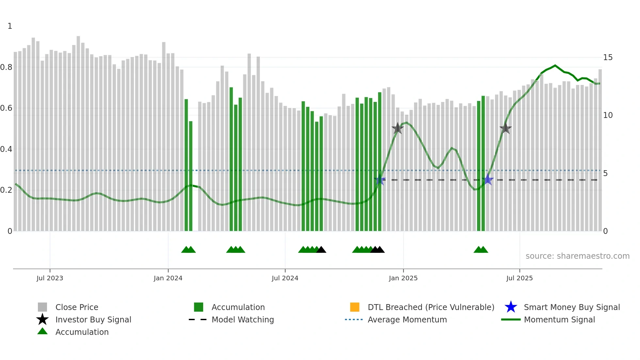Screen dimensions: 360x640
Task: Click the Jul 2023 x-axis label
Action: pyautogui.click(x=50, y=278)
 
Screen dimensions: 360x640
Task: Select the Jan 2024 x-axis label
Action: pyautogui.click(x=168, y=278)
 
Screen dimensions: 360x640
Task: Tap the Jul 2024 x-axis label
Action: pyautogui.click(x=285, y=278)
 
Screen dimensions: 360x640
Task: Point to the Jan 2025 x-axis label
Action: pyautogui.click(x=403, y=278)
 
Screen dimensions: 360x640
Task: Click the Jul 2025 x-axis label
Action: pyautogui.click(x=519, y=278)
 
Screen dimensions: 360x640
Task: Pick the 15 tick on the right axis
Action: pyautogui.click(x=608, y=57)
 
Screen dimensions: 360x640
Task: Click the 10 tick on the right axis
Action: pyautogui.click(x=608, y=115)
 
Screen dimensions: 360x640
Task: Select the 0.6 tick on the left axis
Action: pyautogui.click(x=6, y=108)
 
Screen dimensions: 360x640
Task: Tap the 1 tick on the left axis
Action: pyautogui.click(x=10, y=26)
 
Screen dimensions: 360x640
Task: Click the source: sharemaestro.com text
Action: pyautogui.click(x=577, y=256)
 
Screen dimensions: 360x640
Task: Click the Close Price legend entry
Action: pyautogui.click(x=77, y=307)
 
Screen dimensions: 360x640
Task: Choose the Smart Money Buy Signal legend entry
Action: pyautogui.click(x=571, y=307)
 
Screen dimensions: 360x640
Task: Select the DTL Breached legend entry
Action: pyautogui.click(x=431, y=307)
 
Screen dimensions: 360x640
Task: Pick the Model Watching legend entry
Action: pyautogui.click(x=242, y=319)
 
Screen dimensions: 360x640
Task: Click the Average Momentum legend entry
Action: pyautogui.click(x=407, y=319)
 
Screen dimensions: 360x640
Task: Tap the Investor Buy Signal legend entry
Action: pyautogui.click(x=93, y=319)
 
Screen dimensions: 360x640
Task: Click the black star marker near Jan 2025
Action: pyautogui.click(x=397, y=128)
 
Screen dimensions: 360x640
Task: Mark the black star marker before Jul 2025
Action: pyautogui.click(x=505, y=128)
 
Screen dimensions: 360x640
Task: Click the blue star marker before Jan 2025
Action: pyautogui.click(x=379, y=180)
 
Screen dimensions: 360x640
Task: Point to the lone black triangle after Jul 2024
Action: pyautogui.click(x=321, y=250)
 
